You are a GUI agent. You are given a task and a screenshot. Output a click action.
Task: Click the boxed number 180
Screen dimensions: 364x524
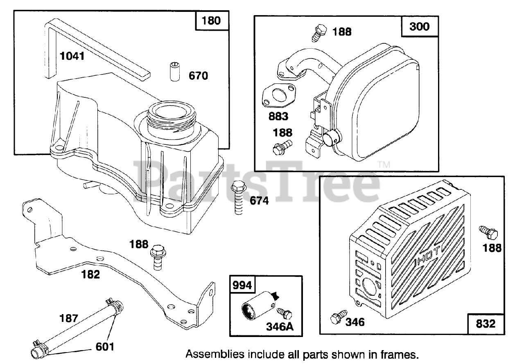(x=211, y=20)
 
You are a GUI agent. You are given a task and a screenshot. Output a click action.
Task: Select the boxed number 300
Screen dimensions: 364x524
(x=420, y=27)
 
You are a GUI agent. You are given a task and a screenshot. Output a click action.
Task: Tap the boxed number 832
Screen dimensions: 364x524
(x=486, y=324)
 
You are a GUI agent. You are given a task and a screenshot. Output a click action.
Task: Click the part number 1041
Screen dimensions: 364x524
(x=72, y=56)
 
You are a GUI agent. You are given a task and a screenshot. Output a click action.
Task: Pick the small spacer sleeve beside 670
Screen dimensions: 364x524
(x=175, y=71)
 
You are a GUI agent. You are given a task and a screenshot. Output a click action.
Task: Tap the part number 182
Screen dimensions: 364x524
(x=90, y=274)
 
